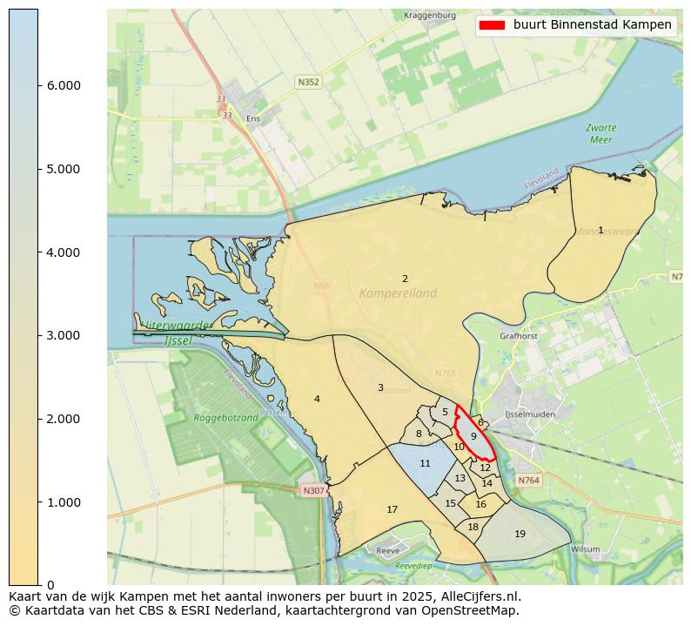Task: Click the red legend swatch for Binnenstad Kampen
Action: pyautogui.click(x=493, y=25)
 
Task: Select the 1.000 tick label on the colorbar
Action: pyautogui.click(x=63, y=502)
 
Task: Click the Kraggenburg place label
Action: pyautogui.click(x=430, y=16)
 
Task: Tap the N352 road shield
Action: pyautogui.click(x=308, y=82)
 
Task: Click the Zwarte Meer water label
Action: pyautogui.click(x=600, y=133)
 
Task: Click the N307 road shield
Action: pyautogui.click(x=313, y=491)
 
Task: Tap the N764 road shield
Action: pyautogui.click(x=528, y=481)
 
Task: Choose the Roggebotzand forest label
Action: pyautogui.click(x=226, y=418)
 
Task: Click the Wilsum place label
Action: pyautogui.click(x=586, y=549)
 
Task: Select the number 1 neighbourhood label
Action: pyautogui.click(x=600, y=230)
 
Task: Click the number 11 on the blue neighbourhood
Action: pyautogui.click(x=425, y=464)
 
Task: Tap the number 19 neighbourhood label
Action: pyautogui.click(x=520, y=534)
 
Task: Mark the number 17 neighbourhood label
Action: pyautogui.click(x=392, y=509)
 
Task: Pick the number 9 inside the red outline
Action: pyautogui.click(x=473, y=436)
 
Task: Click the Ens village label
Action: pyautogui.click(x=253, y=118)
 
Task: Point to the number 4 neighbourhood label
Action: pyautogui.click(x=317, y=399)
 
